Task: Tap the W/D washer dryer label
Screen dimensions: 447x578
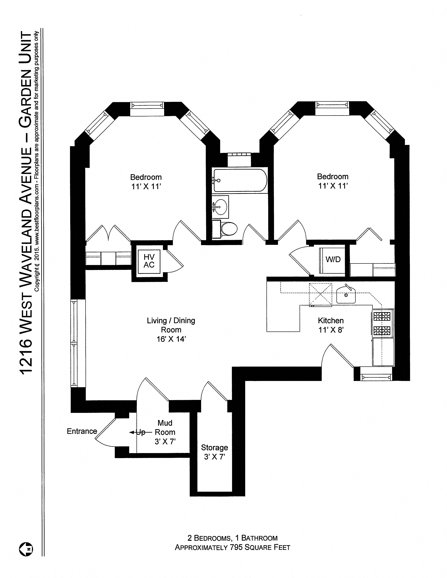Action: click(333, 259)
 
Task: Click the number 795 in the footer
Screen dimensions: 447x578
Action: click(236, 547)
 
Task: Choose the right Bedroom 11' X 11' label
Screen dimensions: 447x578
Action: click(333, 181)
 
